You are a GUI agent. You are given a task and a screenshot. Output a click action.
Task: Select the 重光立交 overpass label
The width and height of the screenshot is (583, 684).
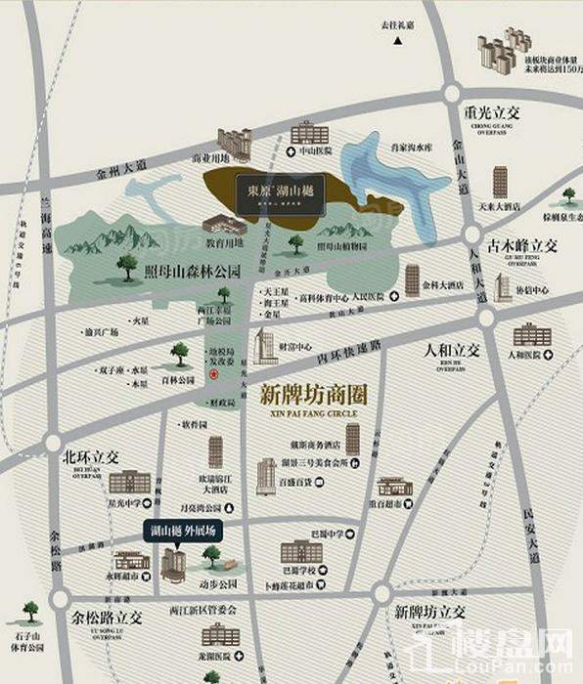493,112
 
